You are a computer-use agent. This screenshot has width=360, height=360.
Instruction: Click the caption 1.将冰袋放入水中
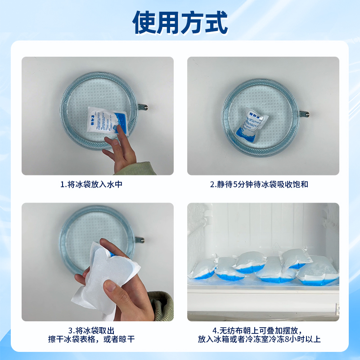tap(98, 184)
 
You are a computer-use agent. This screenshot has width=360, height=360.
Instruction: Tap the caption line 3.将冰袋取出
tap(98, 330)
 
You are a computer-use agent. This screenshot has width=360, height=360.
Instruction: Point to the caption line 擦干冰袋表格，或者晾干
tap(98, 339)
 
